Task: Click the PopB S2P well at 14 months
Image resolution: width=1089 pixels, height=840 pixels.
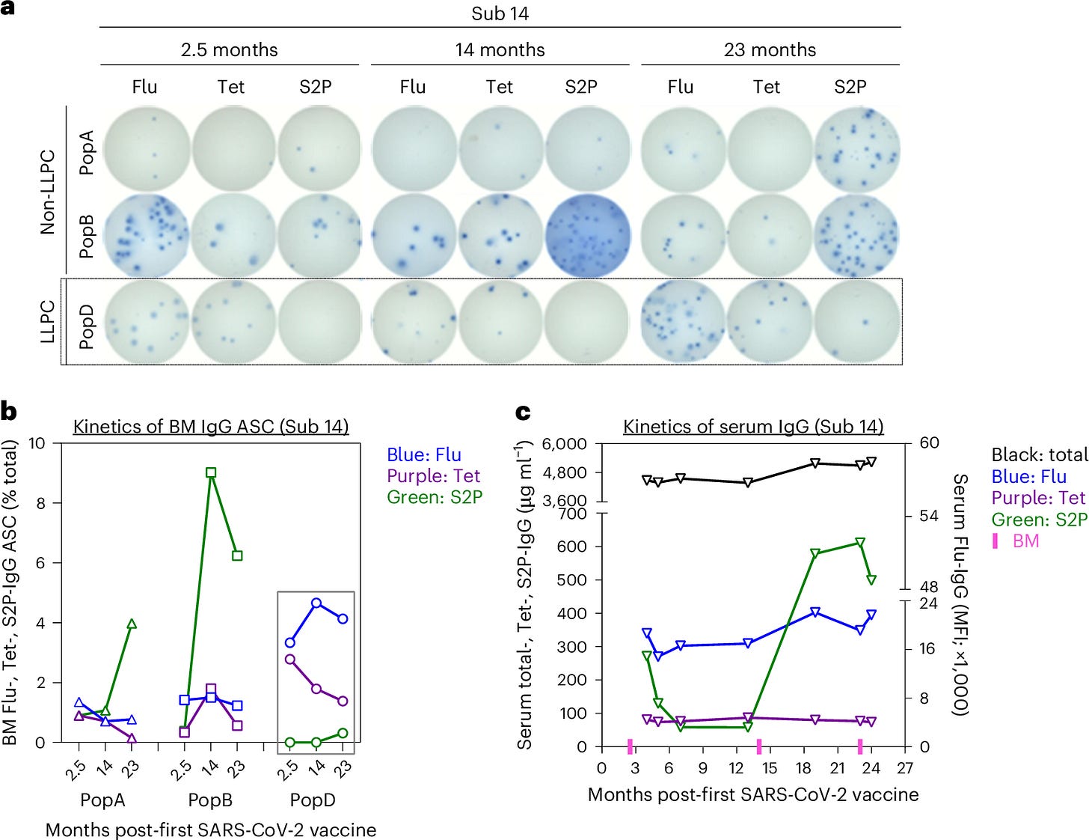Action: coord(587,235)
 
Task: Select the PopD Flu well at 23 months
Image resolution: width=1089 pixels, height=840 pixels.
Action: coord(682,322)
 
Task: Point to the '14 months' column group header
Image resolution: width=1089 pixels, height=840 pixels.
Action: coord(500,50)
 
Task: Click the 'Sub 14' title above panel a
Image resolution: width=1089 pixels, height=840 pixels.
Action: coord(500,13)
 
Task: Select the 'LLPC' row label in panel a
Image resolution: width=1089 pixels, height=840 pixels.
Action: coord(48,322)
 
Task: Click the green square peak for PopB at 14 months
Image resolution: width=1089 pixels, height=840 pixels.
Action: coord(211,472)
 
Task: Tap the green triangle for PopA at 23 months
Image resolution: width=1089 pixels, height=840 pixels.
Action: coord(132,624)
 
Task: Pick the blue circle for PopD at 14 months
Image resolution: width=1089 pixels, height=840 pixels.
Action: coord(316,603)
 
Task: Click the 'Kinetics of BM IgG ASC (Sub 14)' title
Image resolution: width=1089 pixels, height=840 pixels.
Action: coord(211,427)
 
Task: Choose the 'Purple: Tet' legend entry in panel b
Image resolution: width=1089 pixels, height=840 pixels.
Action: coord(433,476)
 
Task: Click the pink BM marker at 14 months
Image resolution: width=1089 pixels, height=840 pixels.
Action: coord(758,746)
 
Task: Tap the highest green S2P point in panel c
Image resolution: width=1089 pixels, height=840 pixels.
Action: coord(860,542)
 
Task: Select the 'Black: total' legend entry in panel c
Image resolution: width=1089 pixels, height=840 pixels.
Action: coord(1038,454)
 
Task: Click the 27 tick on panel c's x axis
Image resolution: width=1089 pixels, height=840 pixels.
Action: coord(905,768)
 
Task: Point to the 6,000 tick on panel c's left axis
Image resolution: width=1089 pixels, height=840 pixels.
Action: coord(564,443)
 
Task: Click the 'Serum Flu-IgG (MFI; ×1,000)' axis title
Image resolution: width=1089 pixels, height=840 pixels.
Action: coord(960,594)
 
